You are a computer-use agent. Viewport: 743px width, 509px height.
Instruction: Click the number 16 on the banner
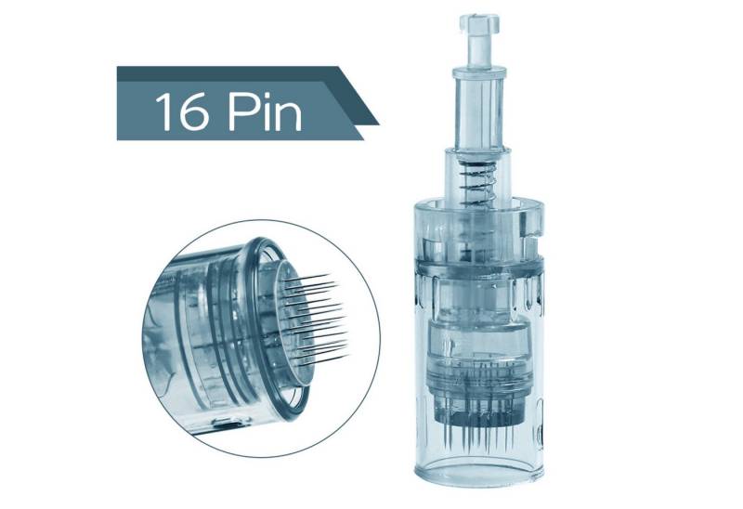coord(182,111)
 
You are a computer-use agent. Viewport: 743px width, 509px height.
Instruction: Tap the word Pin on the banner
coord(265,111)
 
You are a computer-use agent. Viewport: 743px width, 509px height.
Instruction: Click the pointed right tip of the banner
coord(378,124)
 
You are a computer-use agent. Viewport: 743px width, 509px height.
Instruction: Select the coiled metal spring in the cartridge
coord(477,183)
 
